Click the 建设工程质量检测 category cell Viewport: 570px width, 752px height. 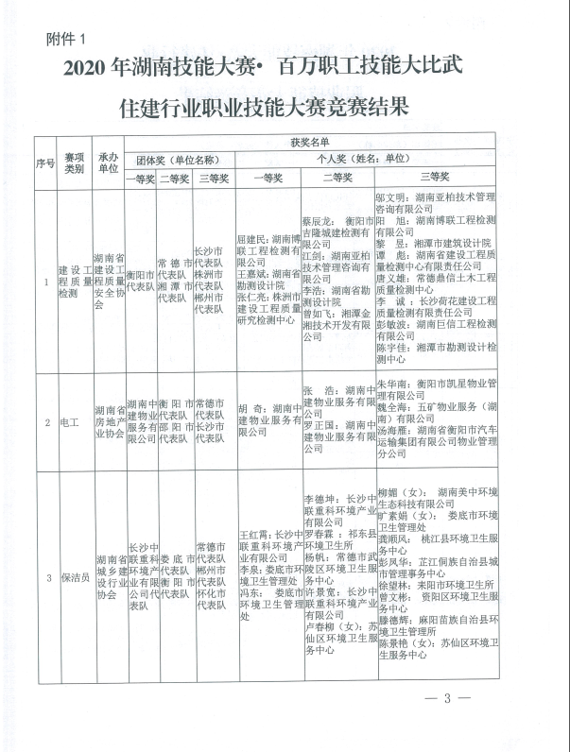click(x=74, y=281)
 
